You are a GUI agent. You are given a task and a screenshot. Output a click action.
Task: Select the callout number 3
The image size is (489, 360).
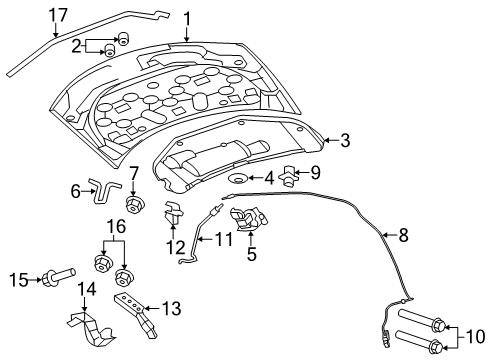pyautogui.click(x=344, y=141)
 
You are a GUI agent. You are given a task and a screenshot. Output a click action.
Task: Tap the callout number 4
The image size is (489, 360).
pyautogui.click(x=267, y=178)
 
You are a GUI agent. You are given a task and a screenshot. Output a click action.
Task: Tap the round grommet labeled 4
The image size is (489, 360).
pyautogui.click(x=239, y=178)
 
